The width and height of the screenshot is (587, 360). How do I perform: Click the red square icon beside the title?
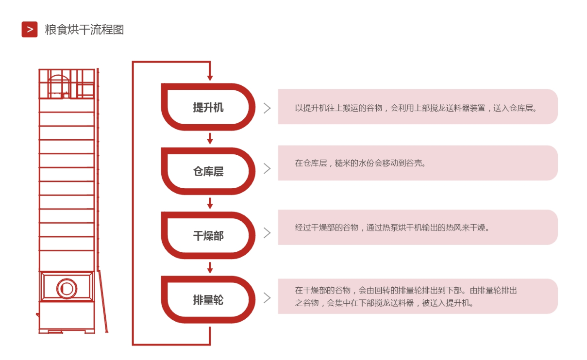pyautogui.click(x=29, y=29)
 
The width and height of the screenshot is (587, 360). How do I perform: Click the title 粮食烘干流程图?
pyautogui.click(x=84, y=29)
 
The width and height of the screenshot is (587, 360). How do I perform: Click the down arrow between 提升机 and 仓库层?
pyautogui.click(x=210, y=139)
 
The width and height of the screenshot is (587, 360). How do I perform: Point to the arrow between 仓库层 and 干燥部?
pyautogui.click(x=210, y=203)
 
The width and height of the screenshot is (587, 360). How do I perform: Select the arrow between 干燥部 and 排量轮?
pyautogui.click(x=210, y=268)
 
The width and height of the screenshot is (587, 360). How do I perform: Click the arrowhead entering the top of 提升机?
pyautogui.click(x=210, y=78)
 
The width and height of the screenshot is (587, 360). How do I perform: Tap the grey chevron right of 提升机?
pyautogui.click(x=267, y=108)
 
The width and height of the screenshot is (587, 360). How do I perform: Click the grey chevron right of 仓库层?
pyautogui.click(x=267, y=168)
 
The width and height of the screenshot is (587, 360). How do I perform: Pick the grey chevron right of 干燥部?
pyautogui.click(x=267, y=233)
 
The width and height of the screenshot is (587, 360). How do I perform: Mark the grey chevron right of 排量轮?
pyautogui.click(x=267, y=298)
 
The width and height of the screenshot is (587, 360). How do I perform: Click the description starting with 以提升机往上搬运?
pyautogui.click(x=416, y=108)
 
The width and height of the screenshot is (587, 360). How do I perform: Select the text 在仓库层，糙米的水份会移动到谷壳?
pyautogui.click(x=360, y=163)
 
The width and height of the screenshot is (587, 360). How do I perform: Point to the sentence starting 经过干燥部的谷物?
pyautogui.click(x=392, y=227)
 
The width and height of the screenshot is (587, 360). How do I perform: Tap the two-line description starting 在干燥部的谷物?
pyautogui.click(x=406, y=296)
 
